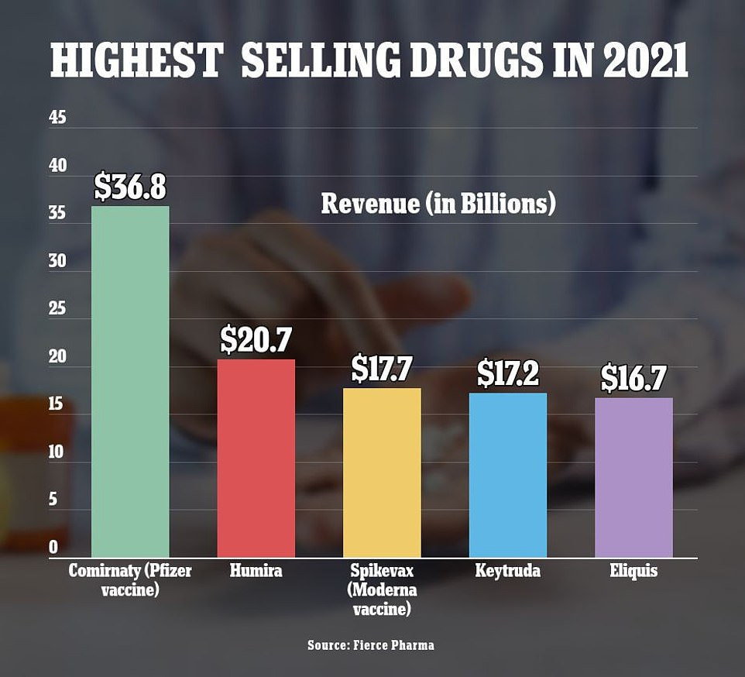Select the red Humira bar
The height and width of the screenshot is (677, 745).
click(x=256, y=458)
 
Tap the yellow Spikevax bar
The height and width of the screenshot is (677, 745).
click(x=382, y=473)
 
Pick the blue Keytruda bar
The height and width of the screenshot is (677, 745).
click(x=508, y=475)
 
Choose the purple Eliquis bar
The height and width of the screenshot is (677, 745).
click(x=633, y=477)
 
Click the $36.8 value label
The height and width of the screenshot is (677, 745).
click(x=130, y=187)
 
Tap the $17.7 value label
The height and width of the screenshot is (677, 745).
click(x=383, y=369)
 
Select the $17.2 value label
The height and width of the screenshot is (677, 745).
click(x=509, y=374)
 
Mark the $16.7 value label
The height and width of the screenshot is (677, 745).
click(x=634, y=379)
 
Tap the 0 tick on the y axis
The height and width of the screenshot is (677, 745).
click(x=54, y=547)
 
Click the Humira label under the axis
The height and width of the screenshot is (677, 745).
click(x=256, y=572)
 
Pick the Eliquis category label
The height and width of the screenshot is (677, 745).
click(x=633, y=572)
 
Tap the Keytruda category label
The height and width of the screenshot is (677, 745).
click(x=508, y=572)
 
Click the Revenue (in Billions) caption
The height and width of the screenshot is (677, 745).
click(x=438, y=204)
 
